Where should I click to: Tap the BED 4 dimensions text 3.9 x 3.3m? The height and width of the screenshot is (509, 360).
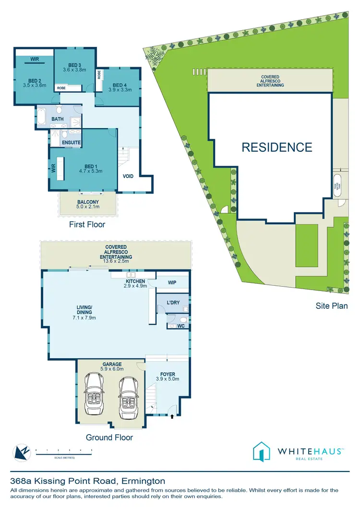pos(119,89)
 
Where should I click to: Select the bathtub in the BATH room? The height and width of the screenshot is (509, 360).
pos(42,117)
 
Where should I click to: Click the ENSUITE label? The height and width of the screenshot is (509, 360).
pos(71,143)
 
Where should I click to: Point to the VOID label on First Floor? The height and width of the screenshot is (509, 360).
pos(128,176)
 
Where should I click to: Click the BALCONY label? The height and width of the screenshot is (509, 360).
pos(88,202)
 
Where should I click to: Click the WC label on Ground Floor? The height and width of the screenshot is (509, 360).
pos(181,327)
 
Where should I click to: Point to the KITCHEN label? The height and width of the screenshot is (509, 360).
pos(135,281)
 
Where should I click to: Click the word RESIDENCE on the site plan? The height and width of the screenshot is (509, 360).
pos(276,147)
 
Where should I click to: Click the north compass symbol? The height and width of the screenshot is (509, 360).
pos(20,451)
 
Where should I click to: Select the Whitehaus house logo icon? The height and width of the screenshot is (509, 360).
pos(262,451)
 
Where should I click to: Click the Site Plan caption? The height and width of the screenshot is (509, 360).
pos(332,305)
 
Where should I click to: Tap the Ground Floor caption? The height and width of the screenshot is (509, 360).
pos(109,437)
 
